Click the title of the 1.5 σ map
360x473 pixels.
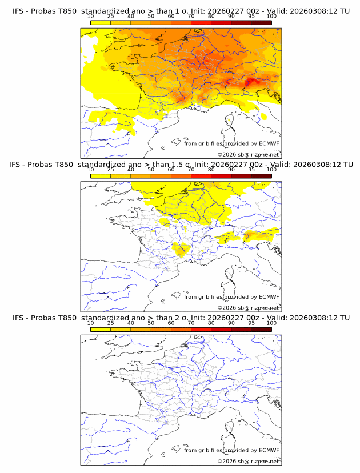(x=181, y=165)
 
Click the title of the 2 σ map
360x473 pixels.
(x=181, y=318)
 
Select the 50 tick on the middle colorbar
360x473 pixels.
(x=151, y=170)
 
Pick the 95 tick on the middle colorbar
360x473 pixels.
(x=251, y=170)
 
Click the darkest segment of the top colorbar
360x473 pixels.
(x=261, y=22)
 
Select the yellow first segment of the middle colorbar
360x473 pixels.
(x=100, y=176)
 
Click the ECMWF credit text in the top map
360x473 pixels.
(x=231, y=143)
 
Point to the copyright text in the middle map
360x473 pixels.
(x=248, y=308)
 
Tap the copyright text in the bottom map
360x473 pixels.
(x=248, y=462)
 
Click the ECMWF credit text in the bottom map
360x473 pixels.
(x=231, y=450)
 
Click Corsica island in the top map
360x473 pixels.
(x=230, y=121)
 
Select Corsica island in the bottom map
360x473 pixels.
(x=230, y=428)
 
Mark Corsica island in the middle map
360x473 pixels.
(x=230, y=275)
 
